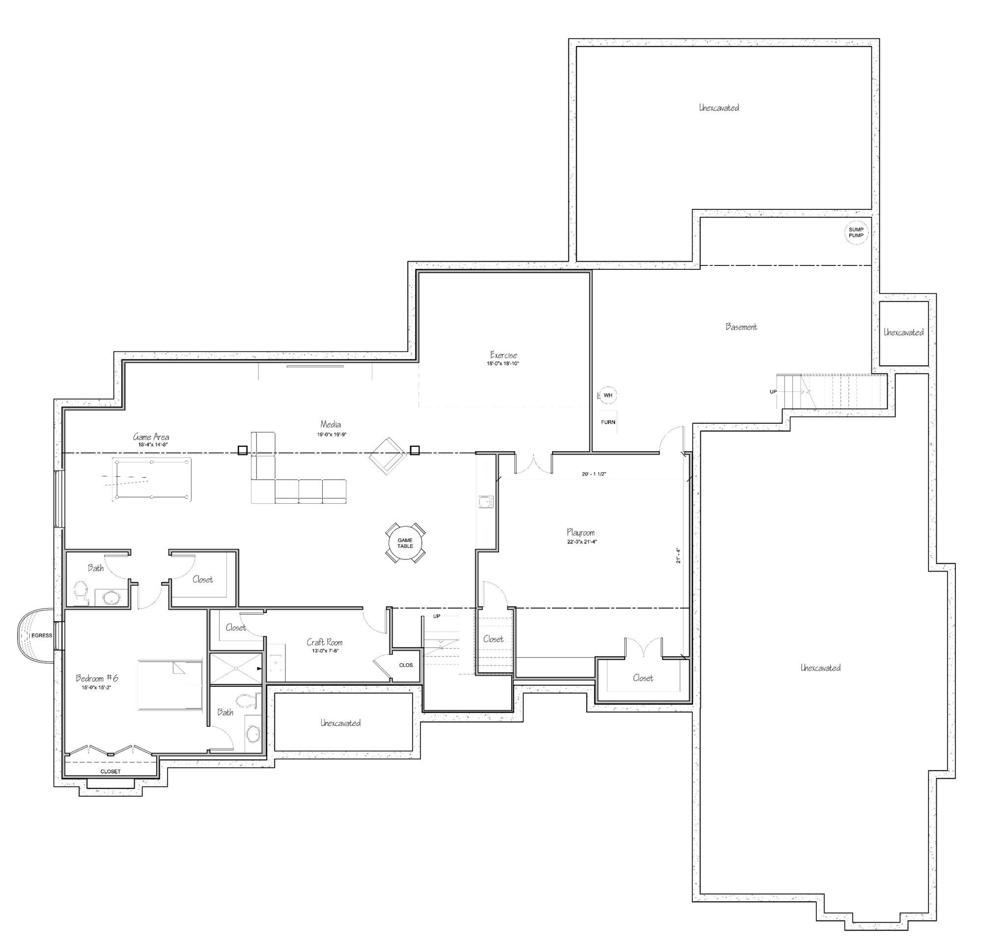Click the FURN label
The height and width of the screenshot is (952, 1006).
click(x=608, y=422)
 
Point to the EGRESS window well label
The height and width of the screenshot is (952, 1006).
click(x=42, y=635)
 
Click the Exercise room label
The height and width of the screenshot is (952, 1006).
click(x=503, y=355)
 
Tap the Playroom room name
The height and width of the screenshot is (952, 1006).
click(x=581, y=532)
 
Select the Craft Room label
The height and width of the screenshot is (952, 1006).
click(x=325, y=642)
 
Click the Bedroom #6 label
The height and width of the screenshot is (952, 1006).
click(x=97, y=678)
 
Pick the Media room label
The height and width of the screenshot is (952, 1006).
click(x=331, y=424)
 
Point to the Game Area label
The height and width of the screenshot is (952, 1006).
click(x=151, y=436)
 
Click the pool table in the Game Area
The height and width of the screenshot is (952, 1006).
click(x=152, y=480)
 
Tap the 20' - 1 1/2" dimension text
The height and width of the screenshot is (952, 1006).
click(x=594, y=474)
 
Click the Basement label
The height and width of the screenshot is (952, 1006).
click(x=741, y=327)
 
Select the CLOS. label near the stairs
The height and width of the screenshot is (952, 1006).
click(x=407, y=665)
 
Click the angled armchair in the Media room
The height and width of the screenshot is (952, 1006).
click(x=388, y=455)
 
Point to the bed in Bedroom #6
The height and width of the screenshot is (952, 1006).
click(x=170, y=685)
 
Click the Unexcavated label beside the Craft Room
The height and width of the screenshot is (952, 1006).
click(x=341, y=722)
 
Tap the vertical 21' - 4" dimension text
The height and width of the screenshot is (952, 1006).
click(x=678, y=556)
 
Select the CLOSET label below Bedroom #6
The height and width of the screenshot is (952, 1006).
click(x=111, y=771)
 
